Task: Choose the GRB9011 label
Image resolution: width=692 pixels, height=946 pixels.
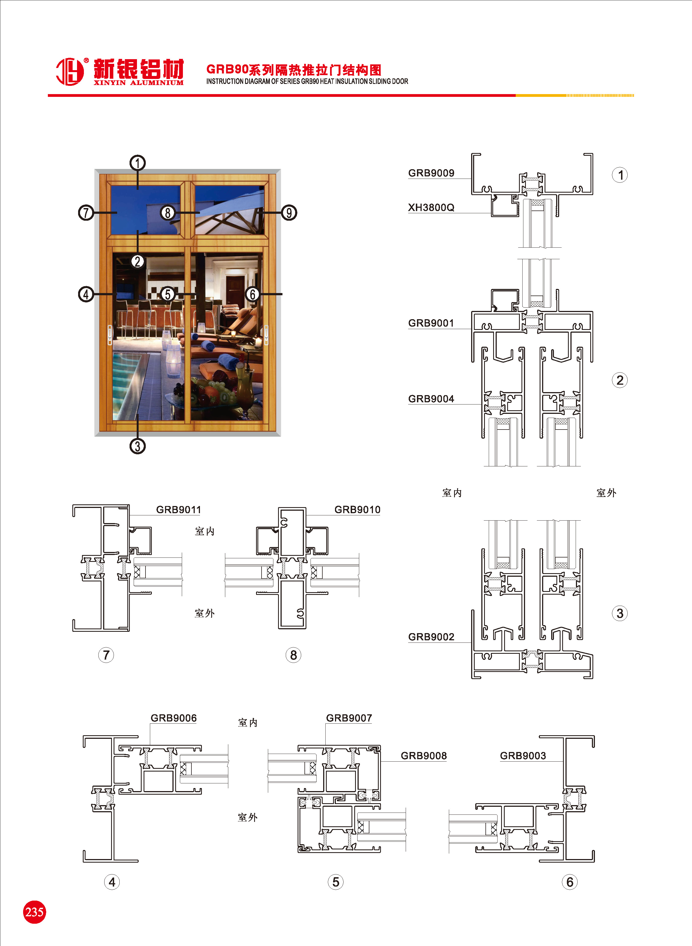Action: point(179,509)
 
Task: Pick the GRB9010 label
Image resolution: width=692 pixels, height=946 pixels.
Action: point(357,509)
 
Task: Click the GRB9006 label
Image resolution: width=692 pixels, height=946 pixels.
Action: point(174,718)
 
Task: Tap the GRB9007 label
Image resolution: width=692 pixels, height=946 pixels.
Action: point(349,718)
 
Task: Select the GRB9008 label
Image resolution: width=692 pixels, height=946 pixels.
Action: point(424,756)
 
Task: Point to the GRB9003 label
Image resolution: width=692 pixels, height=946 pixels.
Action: point(523,756)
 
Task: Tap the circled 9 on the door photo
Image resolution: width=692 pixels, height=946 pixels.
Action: point(289,213)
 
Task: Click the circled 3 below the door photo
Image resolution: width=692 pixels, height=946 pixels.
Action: point(138,446)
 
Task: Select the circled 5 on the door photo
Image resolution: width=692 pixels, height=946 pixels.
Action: point(167,294)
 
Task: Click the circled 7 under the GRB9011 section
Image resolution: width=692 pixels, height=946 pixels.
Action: point(106,655)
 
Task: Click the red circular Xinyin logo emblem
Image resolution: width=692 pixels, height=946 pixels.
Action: point(70,72)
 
